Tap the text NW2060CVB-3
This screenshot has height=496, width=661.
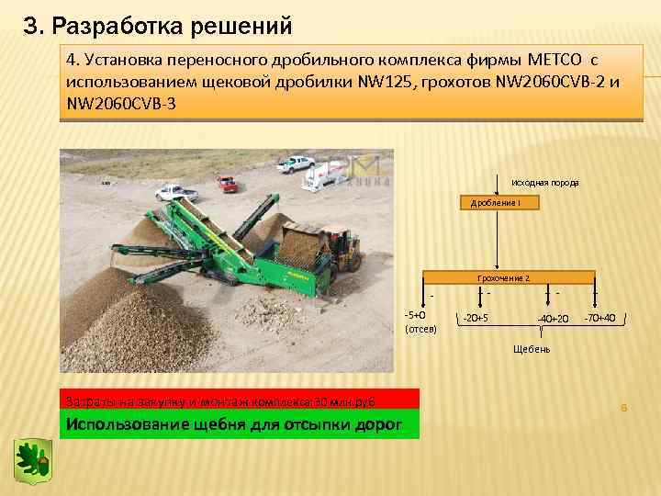coord(119,104)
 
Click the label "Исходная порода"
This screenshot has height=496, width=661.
coord(544,182)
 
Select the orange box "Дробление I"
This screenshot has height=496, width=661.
coord(495,202)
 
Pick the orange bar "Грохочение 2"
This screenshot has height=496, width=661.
coord(509,276)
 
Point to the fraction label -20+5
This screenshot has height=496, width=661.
coord(475,318)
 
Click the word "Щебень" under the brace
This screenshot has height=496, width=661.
coord(532,349)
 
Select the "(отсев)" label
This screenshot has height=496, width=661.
coord(421,328)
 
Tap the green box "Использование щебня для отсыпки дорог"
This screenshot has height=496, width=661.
coord(239,423)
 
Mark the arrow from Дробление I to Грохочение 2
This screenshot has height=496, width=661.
coord(497,241)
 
